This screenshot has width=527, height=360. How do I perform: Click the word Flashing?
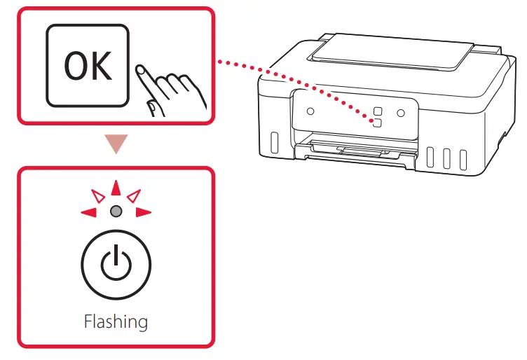tap(116, 321)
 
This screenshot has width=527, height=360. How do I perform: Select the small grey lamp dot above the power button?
tap(116, 211)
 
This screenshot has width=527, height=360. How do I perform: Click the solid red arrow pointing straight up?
tap(116, 188)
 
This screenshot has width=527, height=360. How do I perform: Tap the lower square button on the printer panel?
tap(376, 123)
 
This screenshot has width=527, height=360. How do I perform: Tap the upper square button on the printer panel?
tap(377, 111)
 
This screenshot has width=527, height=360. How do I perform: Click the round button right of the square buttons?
tap(401, 112)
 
